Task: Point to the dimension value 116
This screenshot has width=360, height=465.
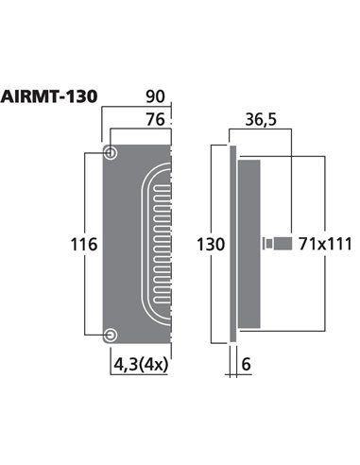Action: coord(85,245)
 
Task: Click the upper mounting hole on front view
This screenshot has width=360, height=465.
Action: coord(111,153)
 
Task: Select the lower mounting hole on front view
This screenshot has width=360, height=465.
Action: coord(111,335)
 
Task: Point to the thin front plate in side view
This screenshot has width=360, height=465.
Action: coord(232,245)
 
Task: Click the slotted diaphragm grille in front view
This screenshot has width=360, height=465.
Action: coord(155,244)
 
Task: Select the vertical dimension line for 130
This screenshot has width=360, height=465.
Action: coord(227,189)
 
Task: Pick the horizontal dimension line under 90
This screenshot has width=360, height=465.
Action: coord(140,109)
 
